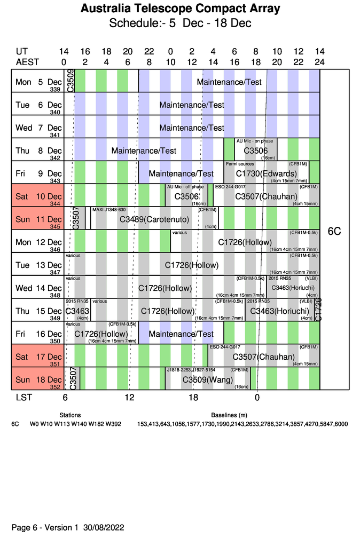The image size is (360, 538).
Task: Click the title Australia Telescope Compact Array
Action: (180, 9)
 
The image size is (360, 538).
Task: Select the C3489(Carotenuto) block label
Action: (155, 219)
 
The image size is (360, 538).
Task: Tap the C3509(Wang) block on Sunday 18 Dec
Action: (208, 380)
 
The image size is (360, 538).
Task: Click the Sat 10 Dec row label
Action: (38, 196)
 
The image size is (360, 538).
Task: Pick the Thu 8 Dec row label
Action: (38, 151)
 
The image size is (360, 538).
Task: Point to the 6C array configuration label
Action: (334, 232)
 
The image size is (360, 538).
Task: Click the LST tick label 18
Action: (193, 398)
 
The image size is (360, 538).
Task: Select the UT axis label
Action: (22, 52)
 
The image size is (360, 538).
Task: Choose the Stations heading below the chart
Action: (70, 415)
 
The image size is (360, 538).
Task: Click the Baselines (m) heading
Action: (229, 415)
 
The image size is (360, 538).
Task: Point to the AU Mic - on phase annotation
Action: (255, 141)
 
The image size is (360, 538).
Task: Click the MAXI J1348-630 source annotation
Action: (109, 210)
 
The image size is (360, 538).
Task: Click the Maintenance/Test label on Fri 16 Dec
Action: (181, 334)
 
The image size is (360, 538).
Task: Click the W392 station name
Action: (113, 424)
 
